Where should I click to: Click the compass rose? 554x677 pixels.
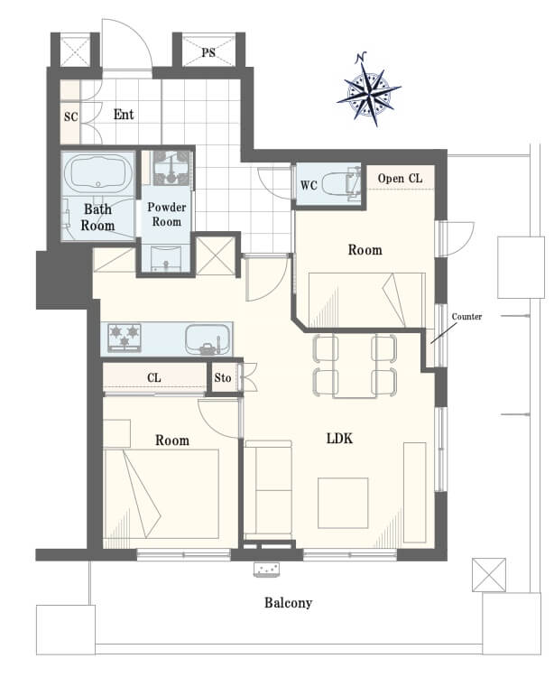368,90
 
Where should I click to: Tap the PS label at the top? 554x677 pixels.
208,52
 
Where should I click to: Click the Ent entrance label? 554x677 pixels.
124,115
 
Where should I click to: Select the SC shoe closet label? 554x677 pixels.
70,116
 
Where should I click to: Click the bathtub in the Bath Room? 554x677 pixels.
98,173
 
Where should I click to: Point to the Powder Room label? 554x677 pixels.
167,214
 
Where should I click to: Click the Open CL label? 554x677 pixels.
400,179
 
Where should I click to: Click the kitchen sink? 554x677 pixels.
208,338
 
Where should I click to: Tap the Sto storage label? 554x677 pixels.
223,378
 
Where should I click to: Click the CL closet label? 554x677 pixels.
154,378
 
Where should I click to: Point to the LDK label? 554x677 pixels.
339,439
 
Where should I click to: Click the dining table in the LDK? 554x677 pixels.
355,366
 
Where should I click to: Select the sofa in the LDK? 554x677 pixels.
268,490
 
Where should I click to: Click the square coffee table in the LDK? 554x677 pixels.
343,503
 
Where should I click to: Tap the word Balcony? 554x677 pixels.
288,602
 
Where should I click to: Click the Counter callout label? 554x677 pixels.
466,317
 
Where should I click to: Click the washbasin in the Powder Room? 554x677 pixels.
167,258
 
